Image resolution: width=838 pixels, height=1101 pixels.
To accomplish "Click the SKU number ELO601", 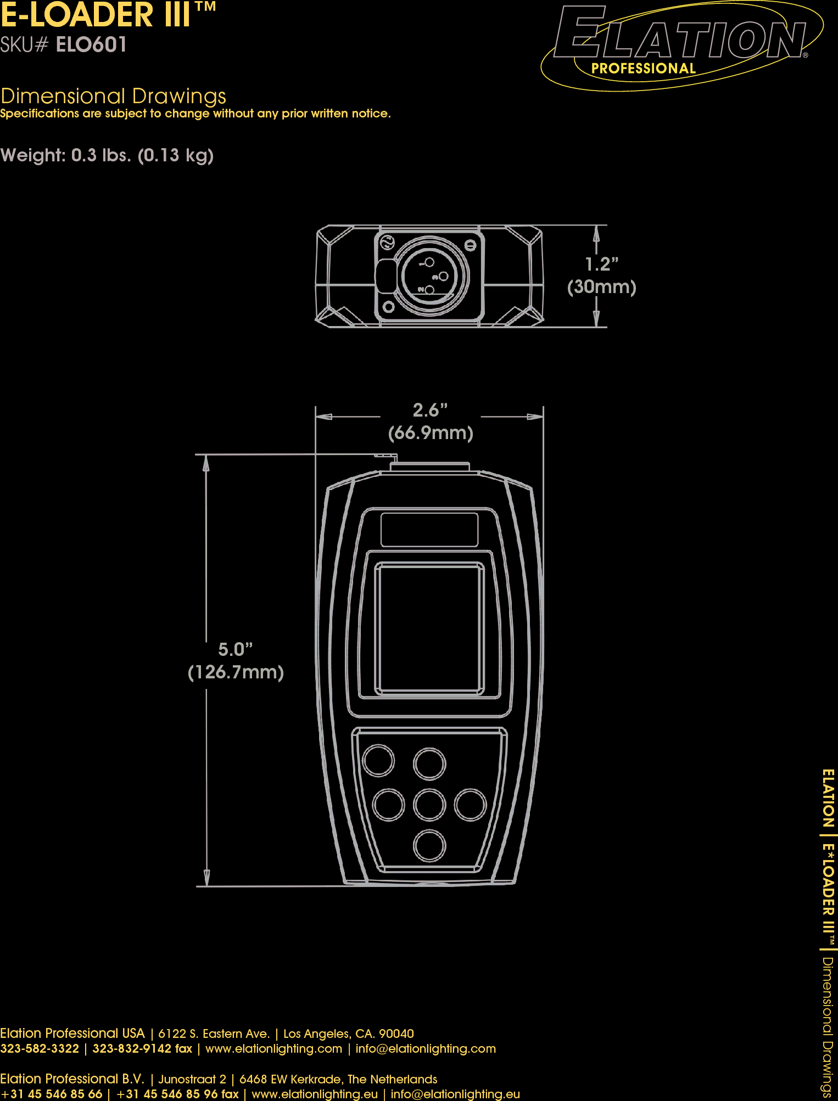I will click(91, 45).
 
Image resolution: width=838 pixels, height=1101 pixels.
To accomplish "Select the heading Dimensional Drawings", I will click(113, 97).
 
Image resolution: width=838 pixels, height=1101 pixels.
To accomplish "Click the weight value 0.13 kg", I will click(175, 155).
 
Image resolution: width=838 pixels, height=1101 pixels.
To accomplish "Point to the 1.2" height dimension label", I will click(601, 265).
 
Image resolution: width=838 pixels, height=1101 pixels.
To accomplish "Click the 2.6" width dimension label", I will click(430, 411).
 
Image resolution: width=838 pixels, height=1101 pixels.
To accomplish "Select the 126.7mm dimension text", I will click(236, 672).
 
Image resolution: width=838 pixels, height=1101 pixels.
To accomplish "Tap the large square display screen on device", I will click(429, 628).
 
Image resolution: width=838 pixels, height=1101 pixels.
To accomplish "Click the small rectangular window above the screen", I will click(429, 530).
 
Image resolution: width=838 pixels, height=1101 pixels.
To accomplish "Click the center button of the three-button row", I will click(429, 805).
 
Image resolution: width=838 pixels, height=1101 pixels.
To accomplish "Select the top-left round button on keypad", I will click(378, 761).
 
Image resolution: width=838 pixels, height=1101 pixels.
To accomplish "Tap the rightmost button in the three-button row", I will click(471, 805).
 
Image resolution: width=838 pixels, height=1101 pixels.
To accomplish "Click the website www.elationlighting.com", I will click(273, 1049).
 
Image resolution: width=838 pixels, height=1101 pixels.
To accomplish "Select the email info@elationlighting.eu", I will click(455, 1094).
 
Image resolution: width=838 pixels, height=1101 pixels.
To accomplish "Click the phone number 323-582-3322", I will click(40, 1049).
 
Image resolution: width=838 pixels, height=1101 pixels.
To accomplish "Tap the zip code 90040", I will click(396, 1034).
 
